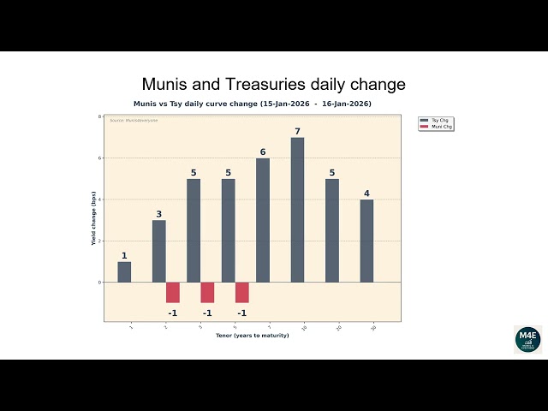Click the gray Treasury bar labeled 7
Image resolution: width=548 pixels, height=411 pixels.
click(x=297, y=210)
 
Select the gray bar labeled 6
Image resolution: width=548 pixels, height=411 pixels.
click(x=263, y=220)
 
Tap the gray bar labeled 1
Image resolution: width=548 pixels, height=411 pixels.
click(x=124, y=271)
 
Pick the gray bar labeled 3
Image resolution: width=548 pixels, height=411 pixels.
click(x=159, y=251)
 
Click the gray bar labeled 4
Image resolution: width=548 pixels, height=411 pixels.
click(x=366, y=241)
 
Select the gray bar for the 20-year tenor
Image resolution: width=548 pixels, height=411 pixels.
click(x=332, y=230)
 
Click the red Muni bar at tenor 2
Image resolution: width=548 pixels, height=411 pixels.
click(x=173, y=292)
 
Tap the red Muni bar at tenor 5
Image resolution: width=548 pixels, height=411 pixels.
click(x=242, y=292)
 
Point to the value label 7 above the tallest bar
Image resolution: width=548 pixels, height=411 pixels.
click(x=297, y=132)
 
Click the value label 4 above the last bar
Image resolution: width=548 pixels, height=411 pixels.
click(x=366, y=194)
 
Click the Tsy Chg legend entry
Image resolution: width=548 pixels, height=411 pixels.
click(x=436, y=121)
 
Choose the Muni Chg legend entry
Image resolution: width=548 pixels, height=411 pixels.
click(x=436, y=127)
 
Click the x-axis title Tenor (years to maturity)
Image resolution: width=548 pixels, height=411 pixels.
click(x=252, y=336)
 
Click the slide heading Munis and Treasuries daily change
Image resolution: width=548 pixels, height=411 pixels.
click(x=273, y=85)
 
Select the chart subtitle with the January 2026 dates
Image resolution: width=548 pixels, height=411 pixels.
click(x=252, y=104)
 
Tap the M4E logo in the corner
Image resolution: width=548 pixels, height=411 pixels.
click(x=527, y=339)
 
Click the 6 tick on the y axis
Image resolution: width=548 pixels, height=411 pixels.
click(x=99, y=158)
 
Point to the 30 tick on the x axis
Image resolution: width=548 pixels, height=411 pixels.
click(x=373, y=328)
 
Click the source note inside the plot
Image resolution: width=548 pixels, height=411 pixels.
click(x=128, y=121)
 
